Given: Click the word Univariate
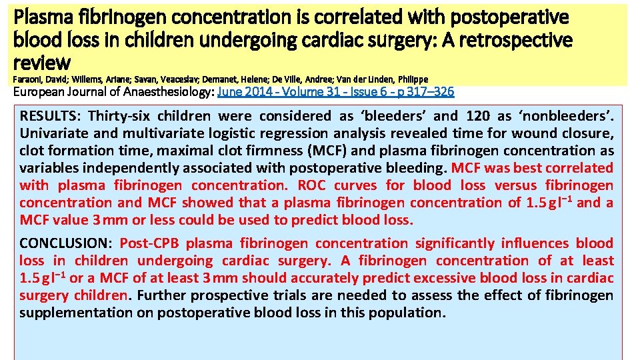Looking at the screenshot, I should tap(53, 134).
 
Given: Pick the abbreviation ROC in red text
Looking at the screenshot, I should tap(311, 185).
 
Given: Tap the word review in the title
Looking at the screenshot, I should tap(42, 63).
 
